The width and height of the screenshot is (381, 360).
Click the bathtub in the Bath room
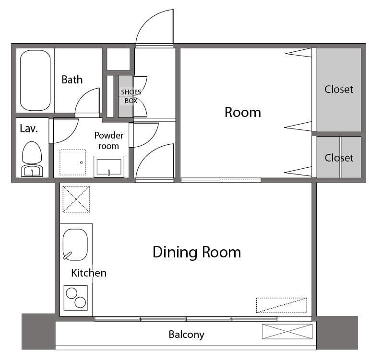pos(35,81)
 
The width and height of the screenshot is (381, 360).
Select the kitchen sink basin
pos(75,244)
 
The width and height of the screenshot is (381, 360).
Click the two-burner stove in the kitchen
pos(76,298)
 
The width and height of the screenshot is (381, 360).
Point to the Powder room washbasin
pos(109,166)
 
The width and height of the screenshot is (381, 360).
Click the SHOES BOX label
pos(131,96)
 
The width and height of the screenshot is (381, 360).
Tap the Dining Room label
pos(196,252)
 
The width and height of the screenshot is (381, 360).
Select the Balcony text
pos(186,335)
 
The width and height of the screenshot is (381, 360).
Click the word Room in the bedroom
pos(243,112)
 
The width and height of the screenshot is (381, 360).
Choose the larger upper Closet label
pos(338,89)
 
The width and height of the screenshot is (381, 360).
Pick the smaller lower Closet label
pos(339,158)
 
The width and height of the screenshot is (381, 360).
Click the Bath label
pos(72,80)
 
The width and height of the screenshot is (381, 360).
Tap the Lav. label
pos(29,128)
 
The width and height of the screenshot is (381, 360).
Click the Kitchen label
pos(89,273)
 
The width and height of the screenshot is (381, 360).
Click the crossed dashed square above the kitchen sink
pos(76,199)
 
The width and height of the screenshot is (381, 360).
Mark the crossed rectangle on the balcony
pos(287,331)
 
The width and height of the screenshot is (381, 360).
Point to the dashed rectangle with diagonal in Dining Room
pos(281,305)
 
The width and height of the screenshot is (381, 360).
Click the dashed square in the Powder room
pos(72,163)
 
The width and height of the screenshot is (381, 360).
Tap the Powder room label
pos(109,140)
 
